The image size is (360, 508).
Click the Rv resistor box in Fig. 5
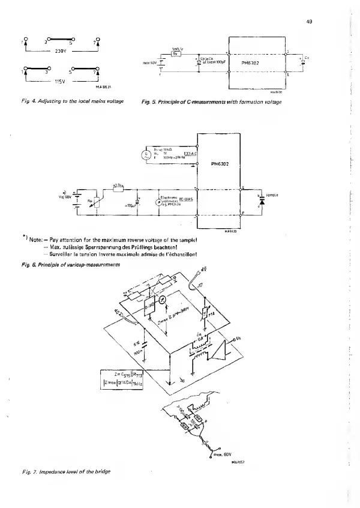point(177,54)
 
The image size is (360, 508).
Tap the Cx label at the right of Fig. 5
point(307,57)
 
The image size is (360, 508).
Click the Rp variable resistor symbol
point(90,202)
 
